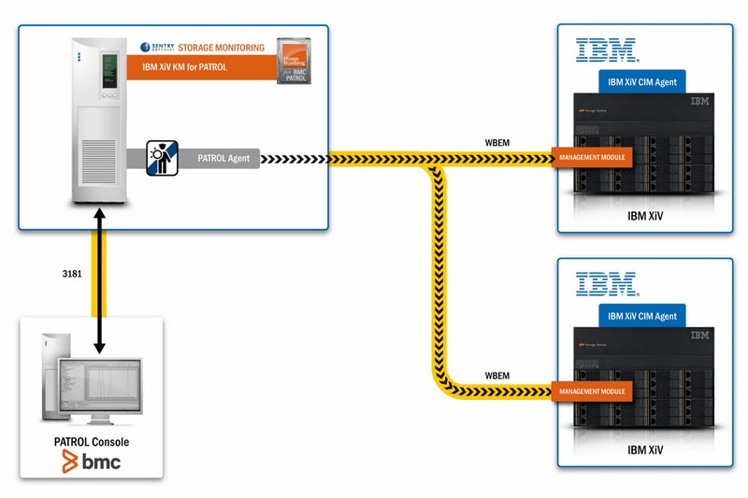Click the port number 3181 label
point(70,275)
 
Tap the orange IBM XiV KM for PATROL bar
point(196,68)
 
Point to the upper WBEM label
point(496,142)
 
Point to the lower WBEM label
point(496,376)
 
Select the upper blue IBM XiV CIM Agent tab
point(641,82)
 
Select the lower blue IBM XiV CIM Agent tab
point(641,316)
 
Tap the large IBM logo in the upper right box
point(606,50)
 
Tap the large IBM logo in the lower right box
point(606,283)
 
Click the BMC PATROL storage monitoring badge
point(295,62)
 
